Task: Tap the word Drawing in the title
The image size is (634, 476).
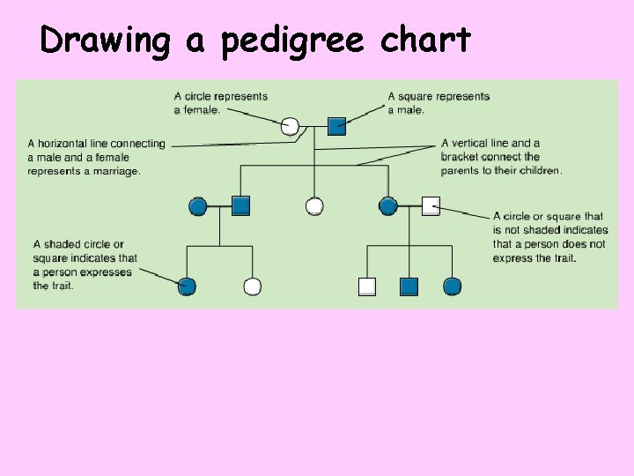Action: point(105,41)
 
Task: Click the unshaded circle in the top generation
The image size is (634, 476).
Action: point(290,126)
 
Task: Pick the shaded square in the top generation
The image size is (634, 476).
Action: point(336,126)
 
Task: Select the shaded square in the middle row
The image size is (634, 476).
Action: point(241,206)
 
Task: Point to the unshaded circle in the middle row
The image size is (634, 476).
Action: point(314,206)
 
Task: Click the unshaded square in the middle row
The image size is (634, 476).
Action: point(431,206)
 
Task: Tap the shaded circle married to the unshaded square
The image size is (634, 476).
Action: point(388,206)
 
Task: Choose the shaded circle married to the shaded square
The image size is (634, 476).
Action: point(198,206)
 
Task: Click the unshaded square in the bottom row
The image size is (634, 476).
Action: point(367,286)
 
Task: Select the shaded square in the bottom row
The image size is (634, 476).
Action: point(409,286)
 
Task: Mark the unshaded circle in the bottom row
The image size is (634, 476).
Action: point(252,286)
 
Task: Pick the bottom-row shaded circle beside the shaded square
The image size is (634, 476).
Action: point(452,286)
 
